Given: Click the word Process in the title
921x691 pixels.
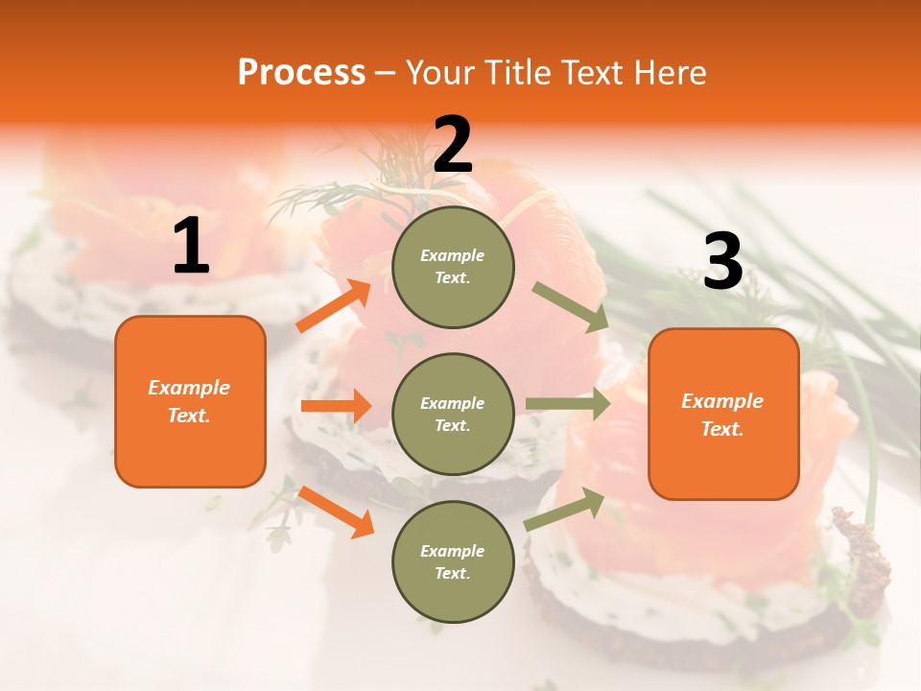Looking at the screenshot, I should tap(301, 73).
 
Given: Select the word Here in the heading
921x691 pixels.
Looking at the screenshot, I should tap(669, 73).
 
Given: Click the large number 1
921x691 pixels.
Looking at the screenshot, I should tap(191, 247).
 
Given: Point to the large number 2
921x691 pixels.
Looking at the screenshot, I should tap(453, 145).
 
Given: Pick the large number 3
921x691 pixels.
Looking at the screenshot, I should tap(722, 262).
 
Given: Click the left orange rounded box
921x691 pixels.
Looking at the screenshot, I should tap(190, 401).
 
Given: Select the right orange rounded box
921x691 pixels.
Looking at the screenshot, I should tap(723, 415).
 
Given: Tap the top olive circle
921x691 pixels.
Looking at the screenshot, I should tap(453, 267).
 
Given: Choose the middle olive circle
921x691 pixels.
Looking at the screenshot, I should tap(453, 414).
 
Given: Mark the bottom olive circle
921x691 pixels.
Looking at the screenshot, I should tap(453, 561).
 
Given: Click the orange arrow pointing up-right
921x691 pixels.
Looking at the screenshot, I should tap(334, 306).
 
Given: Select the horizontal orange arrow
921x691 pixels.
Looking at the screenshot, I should tap(336, 406).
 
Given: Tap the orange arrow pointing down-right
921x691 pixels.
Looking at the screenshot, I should tap(336, 512).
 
